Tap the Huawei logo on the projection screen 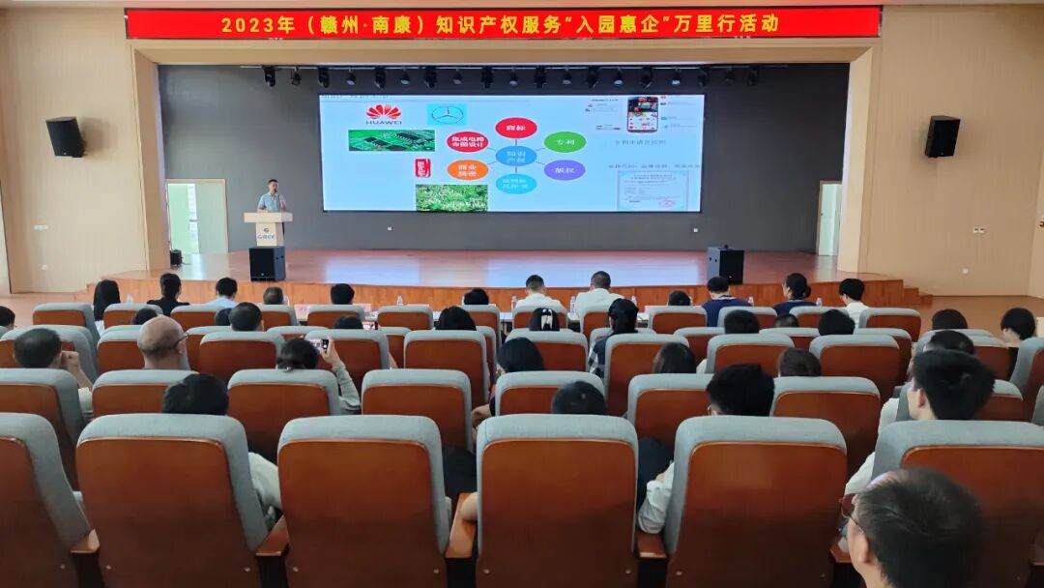(x=384, y=114)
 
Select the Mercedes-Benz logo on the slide (x=447, y=114)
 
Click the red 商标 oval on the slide (x=515, y=128)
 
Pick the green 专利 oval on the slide (x=565, y=142)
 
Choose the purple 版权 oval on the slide (x=564, y=170)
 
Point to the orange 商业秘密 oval (x=468, y=170)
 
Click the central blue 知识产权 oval (x=515, y=156)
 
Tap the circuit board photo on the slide (x=391, y=140)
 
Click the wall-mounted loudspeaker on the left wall (x=65, y=137)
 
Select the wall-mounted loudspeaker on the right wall (x=942, y=136)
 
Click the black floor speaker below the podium (x=267, y=263)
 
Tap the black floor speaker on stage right (x=725, y=264)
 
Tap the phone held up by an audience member (x=319, y=343)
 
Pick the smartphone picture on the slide (x=642, y=114)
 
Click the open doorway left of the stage (x=183, y=218)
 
